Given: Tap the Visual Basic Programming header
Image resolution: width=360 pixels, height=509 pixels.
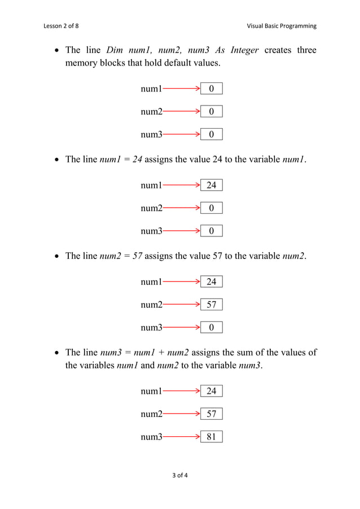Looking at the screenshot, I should pos(282,26).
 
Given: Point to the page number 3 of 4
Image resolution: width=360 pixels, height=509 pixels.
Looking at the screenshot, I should pos(180,475).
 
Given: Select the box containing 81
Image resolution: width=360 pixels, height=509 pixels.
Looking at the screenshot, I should pos(212,436).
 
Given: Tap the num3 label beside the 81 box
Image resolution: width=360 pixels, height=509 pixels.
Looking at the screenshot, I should pos(151,436).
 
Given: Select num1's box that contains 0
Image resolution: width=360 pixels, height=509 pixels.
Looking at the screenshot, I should pos(212,89).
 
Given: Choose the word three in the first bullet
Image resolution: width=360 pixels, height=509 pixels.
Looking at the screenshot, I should pos(307,50).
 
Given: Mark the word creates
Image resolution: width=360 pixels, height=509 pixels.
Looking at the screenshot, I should pos(278,50).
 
